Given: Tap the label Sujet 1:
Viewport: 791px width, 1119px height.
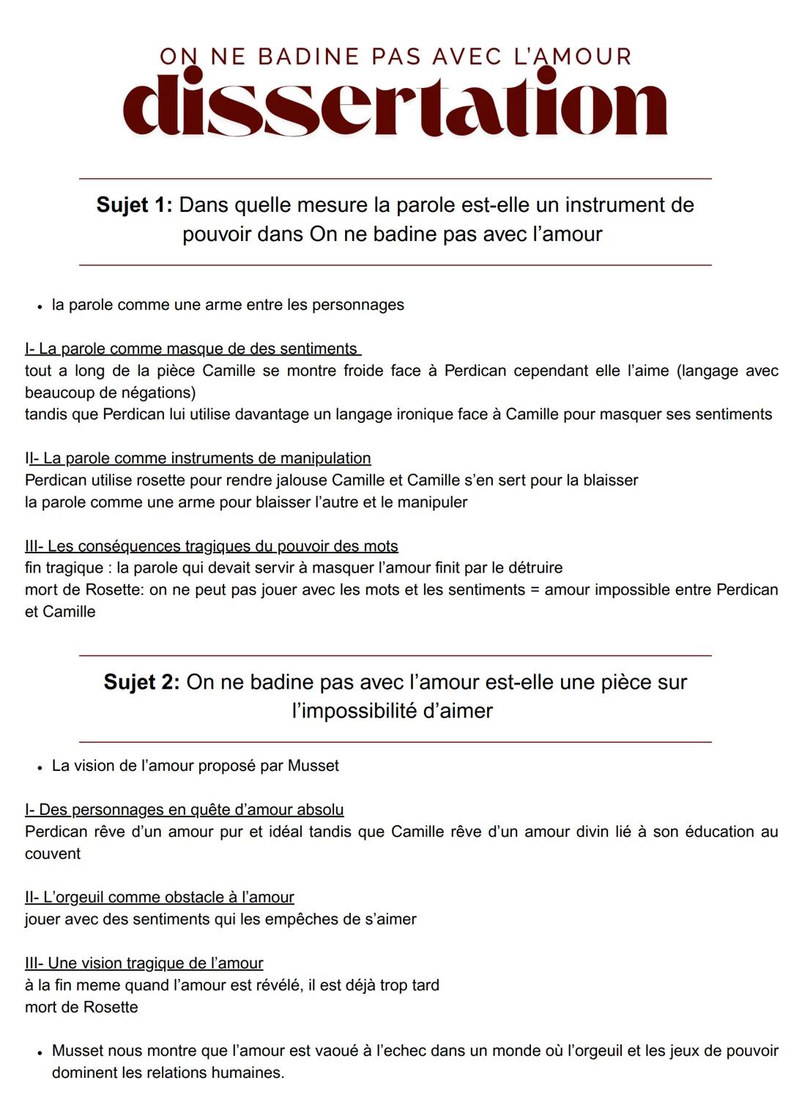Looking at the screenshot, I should pos(134,205).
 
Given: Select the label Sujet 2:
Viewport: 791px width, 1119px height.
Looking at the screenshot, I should pos(141,682).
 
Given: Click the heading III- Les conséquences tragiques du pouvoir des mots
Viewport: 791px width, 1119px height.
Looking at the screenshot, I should pos(212,546).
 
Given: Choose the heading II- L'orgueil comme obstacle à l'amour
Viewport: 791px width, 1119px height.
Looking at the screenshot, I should pos(160,897).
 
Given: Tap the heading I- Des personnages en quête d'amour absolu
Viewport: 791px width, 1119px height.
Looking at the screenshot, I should pos(184,810).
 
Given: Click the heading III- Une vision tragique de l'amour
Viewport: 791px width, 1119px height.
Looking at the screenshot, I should pos(144,963).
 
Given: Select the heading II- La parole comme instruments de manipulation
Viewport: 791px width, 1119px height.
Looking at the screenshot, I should pos(198,459).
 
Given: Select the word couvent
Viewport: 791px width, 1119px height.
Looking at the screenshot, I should pos(53,854).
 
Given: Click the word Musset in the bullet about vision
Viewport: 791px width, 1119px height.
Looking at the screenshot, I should pos(313,766).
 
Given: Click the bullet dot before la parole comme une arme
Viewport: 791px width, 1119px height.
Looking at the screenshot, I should pos(39,306).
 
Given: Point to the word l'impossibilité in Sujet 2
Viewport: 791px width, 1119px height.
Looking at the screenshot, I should pos(365,711).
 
